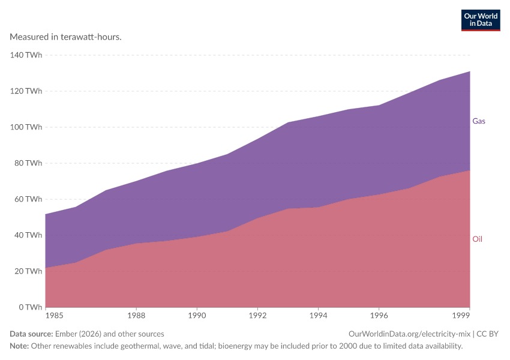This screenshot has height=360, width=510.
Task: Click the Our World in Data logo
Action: [481, 20]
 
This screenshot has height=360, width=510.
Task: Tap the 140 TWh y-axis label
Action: [26, 55]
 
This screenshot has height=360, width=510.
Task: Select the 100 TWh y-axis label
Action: [26, 127]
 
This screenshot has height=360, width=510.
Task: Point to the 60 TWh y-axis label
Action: [28, 199]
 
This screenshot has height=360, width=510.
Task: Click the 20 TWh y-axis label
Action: [28, 271]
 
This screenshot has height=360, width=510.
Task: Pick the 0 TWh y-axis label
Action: [31, 307]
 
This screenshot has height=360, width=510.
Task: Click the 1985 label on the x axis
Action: [55, 316]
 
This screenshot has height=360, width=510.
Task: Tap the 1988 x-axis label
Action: [136, 316]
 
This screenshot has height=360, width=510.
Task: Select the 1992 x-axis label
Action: [257, 316]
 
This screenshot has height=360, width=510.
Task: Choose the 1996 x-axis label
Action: [379, 316]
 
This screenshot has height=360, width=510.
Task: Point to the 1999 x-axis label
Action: [461, 316]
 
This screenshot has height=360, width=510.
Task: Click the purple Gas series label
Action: [479, 121]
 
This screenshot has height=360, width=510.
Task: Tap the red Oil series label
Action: [477, 239]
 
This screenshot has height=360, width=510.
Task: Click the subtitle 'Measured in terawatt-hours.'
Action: [66, 37]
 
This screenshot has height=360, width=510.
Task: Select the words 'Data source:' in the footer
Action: [31, 334]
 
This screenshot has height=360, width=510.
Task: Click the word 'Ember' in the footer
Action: [66, 334]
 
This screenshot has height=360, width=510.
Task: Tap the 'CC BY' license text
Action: [487, 334]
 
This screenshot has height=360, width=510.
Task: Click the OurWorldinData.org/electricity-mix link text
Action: [409, 334]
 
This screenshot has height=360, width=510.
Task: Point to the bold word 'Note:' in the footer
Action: [19, 346]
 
